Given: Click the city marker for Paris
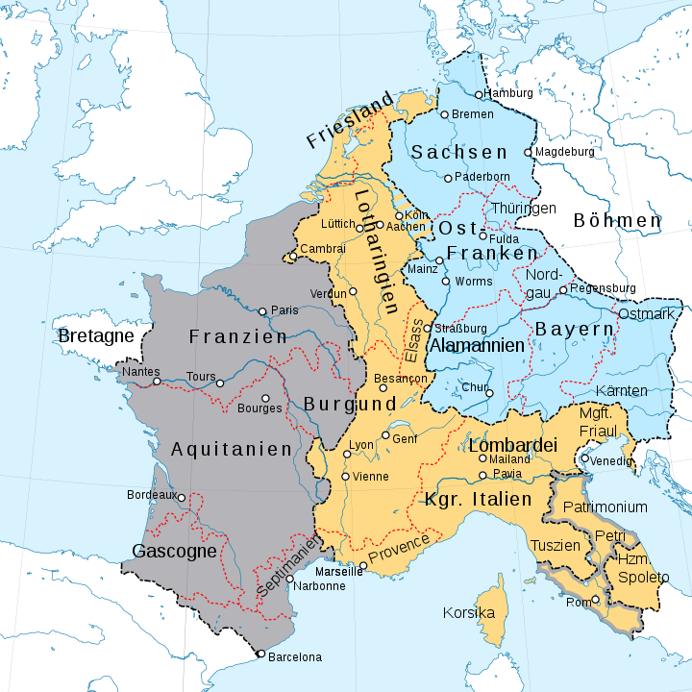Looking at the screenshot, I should tap(263, 310).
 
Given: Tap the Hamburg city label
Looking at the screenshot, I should tap(509, 93).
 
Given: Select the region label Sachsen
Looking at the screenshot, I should tap(458, 153).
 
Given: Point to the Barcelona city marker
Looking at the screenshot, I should tap(260, 655).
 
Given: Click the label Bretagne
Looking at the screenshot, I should tap(95, 336).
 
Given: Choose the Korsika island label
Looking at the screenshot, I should tap(469, 612).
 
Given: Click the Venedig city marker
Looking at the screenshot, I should tap(584, 458).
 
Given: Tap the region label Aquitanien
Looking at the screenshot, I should tap(231, 449).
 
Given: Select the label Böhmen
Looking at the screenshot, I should tap(617, 220).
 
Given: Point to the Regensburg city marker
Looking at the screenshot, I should tap(564, 288).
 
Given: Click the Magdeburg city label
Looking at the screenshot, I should tap(565, 152).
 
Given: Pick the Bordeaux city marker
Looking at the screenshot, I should tap(181, 497).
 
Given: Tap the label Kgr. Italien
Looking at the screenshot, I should tap(478, 500).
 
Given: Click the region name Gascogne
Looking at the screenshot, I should tap(174, 552).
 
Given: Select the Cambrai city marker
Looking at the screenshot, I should tap(293, 257).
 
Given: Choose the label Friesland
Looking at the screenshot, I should tap(351, 120).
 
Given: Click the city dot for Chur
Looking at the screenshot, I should tap(489, 392).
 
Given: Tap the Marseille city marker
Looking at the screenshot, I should tap(362, 565).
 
